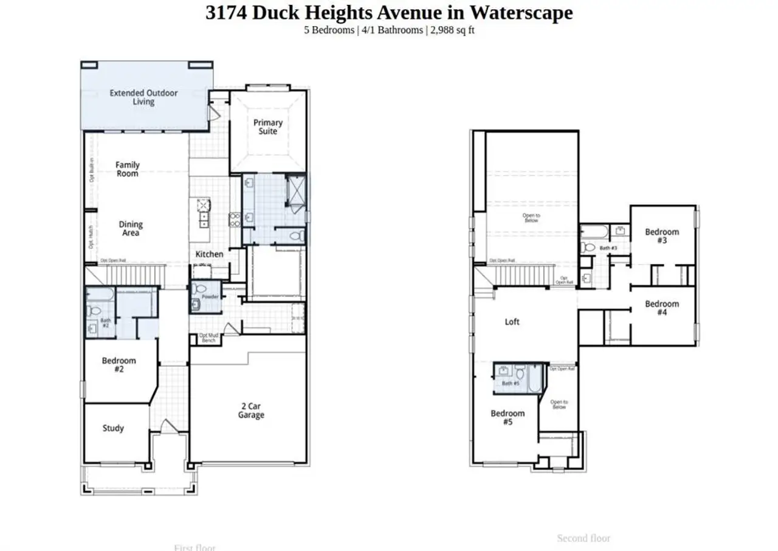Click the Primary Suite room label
coord(268,126)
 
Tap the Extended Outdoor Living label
coord(143,97)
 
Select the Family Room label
coord(128,169)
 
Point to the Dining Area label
coord(131,229)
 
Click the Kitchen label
coord(209,254)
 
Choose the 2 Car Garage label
coord(251,411)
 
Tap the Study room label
coord(113,428)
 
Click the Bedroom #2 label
coord(119,365)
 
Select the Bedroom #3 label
coord(662,236)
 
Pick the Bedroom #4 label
coord(662,308)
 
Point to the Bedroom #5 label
coord(508,417)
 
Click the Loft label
coord(512,322)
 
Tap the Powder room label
coord(210,297)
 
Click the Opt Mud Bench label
coord(208,338)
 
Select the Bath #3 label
coord(608,248)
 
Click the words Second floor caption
coord(583,538)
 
